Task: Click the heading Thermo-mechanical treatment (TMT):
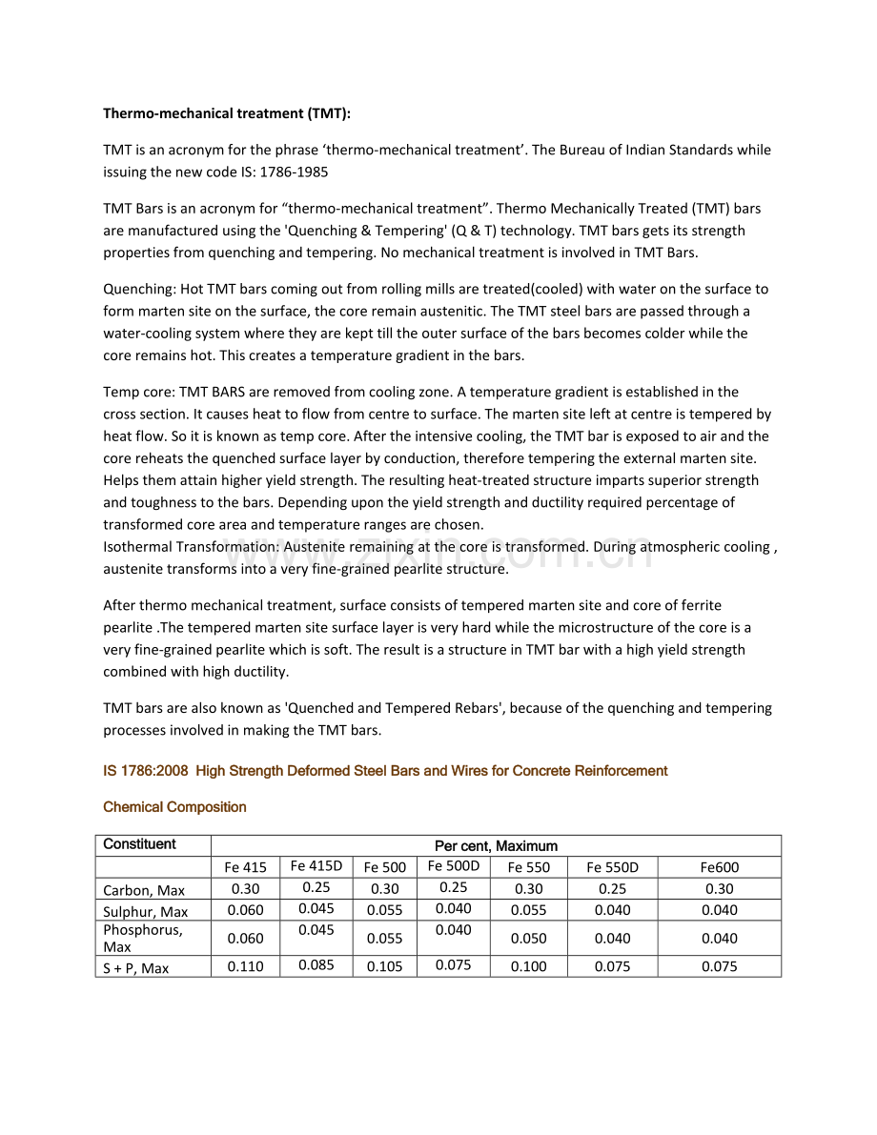[x=227, y=113]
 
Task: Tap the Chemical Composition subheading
[x=174, y=807]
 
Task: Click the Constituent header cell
[x=139, y=844]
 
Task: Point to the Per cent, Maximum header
[x=496, y=846]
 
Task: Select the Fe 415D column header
[x=316, y=866]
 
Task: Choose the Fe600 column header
[x=719, y=867]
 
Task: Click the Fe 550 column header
[x=528, y=867]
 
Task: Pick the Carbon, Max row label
[x=144, y=890]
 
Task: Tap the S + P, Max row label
[x=136, y=968]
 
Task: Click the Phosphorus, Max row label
[x=142, y=938]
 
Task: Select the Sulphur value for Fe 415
[x=245, y=910]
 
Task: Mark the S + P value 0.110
[x=245, y=966]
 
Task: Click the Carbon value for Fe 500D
[x=453, y=887]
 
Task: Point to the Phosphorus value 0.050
[x=528, y=939]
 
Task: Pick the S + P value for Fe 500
[x=384, y=966]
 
